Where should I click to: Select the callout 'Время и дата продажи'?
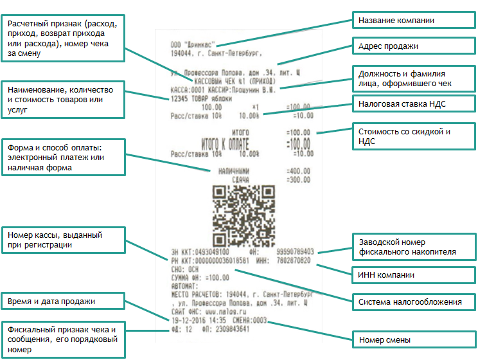tap(62, 301)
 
